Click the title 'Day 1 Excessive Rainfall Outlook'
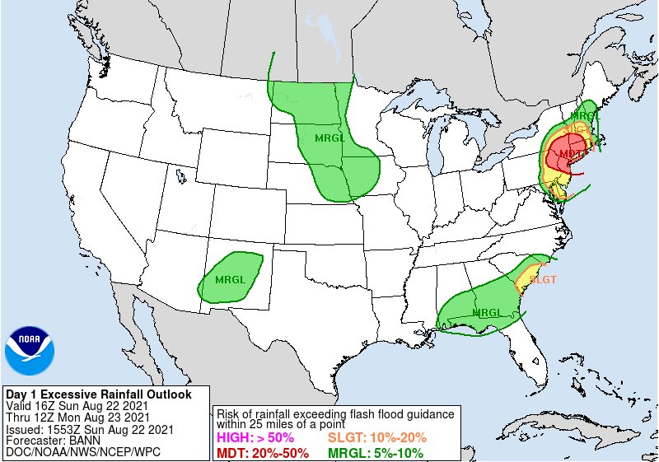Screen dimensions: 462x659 [98, 394]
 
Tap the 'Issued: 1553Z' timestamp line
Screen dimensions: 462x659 [89, 429]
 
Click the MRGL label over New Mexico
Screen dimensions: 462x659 [231, 279]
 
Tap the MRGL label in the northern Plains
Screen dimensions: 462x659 [330, 138]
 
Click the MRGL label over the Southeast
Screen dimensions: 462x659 [487, 312]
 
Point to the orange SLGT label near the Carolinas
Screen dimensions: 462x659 [542, 279]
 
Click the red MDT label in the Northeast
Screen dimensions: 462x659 [571, 153]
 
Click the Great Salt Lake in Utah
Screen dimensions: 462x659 [179, 175]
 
